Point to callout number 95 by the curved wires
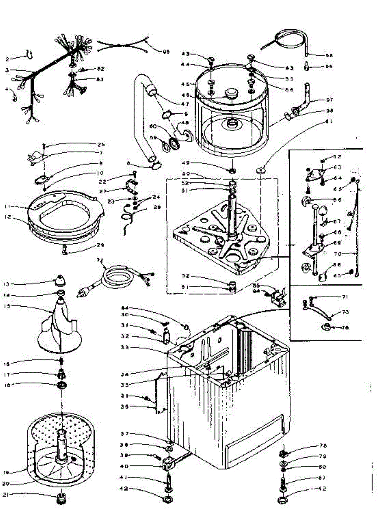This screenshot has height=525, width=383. click(x=166, y=52)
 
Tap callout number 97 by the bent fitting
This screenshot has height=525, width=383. click(x=330, y=100)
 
